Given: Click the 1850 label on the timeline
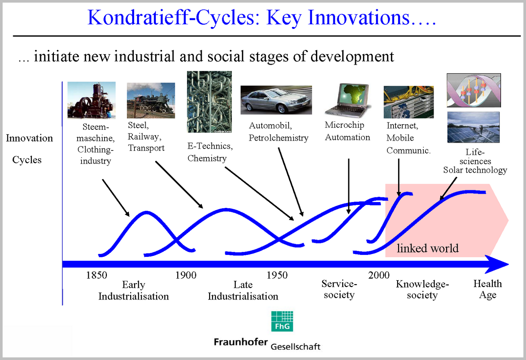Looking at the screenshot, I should pyautogui.click(x=96, y=275).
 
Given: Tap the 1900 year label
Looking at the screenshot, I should pyautogui.click(x=186, y=275).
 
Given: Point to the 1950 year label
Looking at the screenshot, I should pyautogui.click(x=277, y=275).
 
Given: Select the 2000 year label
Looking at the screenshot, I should pyautogui.click(x=379, y=275).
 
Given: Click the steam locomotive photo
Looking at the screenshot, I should pyautogui.click(x=151, y=101).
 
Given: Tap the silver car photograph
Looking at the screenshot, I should pyautogui.click(x=276, y=100).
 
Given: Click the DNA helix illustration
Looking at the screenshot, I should pyautogui.click(x=474, y=90).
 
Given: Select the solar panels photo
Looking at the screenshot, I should pyautogui.click(x=473, y=127).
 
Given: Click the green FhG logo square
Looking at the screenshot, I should pyautogui.click(x=282, y=321).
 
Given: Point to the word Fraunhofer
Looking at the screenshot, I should pyautogui.click(x=241, y=342).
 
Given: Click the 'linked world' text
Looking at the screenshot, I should pyautogui.click(x=427, y=248).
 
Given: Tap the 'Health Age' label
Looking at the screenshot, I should pyautogui.click(x=488, y=289).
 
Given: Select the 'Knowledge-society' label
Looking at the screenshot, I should pyautogui.click(x=422, y=289).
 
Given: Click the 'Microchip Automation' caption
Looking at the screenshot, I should pyautogui.click(x=347, y=131).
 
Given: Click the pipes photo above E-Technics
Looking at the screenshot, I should pyautogui.click(x=209, y=102).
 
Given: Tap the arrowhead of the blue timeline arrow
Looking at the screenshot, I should pyautogui.click(x=498, y=264).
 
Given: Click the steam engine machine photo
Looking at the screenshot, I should pyautogui.click(x=91, y=100).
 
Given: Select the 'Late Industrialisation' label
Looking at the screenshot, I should pyautogui.click(x=243, y=290).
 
